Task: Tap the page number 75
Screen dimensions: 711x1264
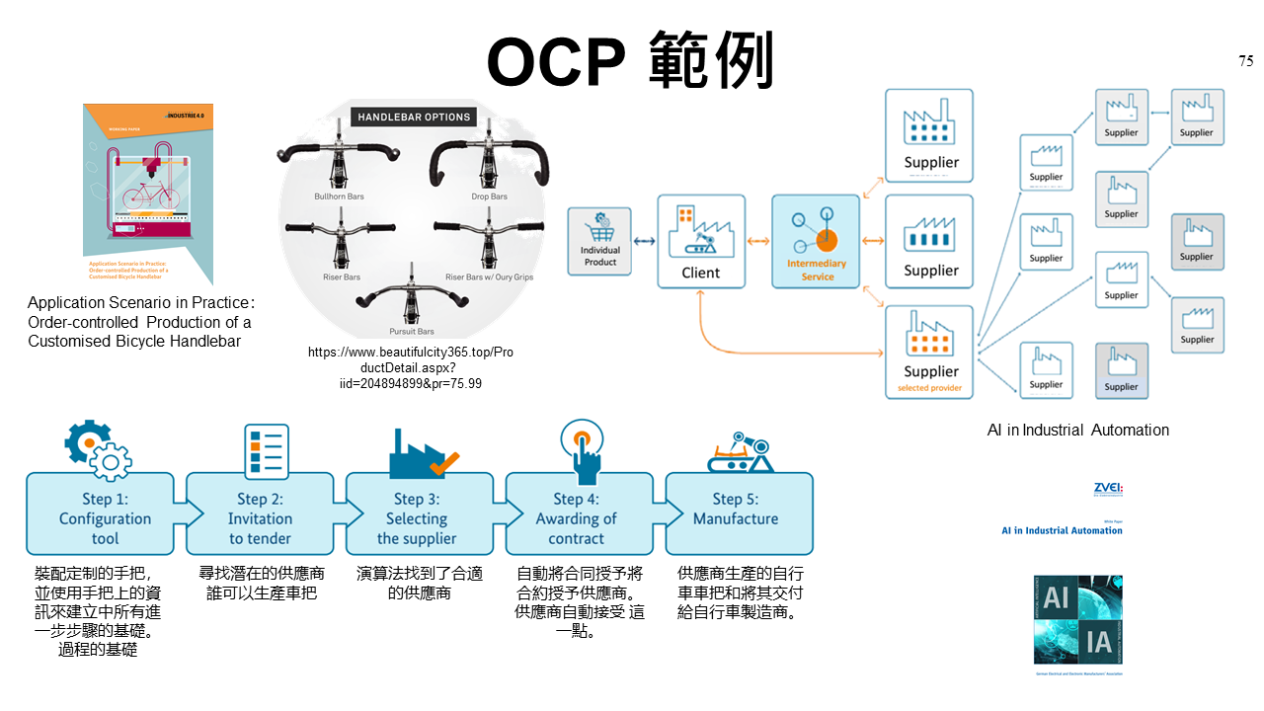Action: click(x=1245, y=61)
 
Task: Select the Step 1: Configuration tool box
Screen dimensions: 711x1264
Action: click(x=104, y=513)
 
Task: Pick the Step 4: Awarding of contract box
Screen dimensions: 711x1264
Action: click(x=577, y=513)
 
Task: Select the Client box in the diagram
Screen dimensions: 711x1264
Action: click(x=701, y=241)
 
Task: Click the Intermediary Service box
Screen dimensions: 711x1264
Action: click(x=817, y=241)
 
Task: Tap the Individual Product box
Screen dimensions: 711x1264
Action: click(x=599, y=241)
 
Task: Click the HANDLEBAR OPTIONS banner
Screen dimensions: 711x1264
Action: click(x=414, y=117)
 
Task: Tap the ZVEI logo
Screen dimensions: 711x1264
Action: click(x=1108, y=488)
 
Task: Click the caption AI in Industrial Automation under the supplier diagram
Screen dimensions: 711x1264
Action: click(x=1078, y=430)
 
